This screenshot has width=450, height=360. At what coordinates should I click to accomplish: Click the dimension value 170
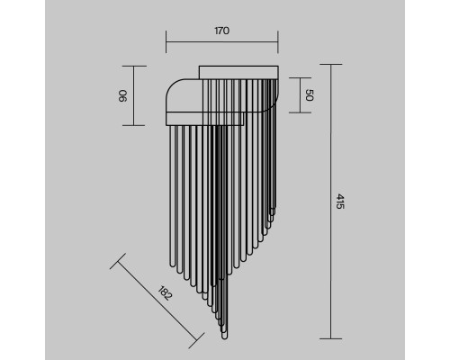coord(222,31)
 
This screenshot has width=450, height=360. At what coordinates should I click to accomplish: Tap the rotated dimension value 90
coord(123,96)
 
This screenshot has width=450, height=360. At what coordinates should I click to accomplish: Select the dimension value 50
coord(310,95)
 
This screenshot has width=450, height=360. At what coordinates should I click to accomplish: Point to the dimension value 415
coord(339,202)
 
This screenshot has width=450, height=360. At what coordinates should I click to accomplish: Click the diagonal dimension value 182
coord(165,293)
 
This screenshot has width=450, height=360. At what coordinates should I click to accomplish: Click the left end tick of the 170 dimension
coord(166,41)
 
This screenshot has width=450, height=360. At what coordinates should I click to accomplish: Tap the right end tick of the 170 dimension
coord(278,41)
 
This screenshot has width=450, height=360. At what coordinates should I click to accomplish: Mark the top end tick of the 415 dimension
coord(331,64)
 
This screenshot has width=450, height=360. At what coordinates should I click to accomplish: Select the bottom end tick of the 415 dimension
coord(331,338)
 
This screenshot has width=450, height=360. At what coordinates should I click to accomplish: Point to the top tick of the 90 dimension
coord(134,66)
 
